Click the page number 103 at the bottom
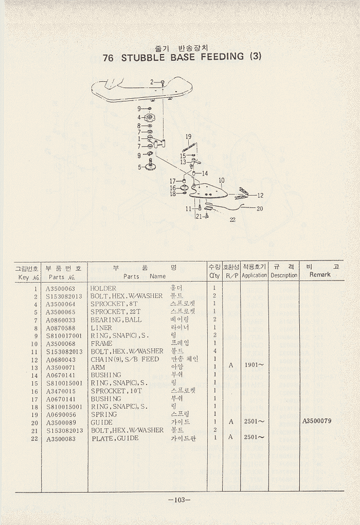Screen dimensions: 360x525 coord(179,500)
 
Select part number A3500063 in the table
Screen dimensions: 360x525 coord(61,288)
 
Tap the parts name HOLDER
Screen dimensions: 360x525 coord(103,288)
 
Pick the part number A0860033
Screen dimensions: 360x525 coord(61,320)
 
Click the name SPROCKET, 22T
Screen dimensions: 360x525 coord(116,312)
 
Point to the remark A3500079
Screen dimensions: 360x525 coord(317,421)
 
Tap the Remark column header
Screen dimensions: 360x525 coord(320,274)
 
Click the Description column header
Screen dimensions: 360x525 coord(284,275)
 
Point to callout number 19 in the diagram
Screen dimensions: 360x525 coord(188,136)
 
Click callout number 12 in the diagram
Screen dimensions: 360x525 coord(260,196)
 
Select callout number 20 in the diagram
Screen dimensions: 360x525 coord(260,208)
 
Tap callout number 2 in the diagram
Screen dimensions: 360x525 coord(152,82)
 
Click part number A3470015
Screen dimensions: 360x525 coord(61,391)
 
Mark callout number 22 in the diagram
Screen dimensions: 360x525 coord(233,220)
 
